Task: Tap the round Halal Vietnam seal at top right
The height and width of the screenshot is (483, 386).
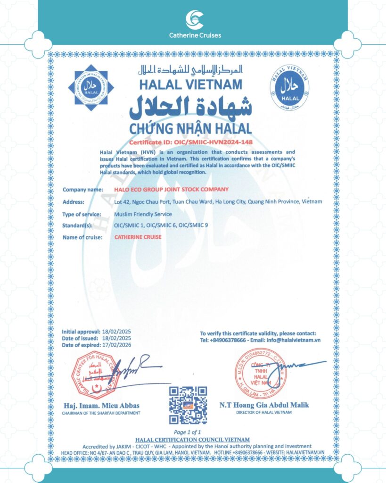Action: point(289,86)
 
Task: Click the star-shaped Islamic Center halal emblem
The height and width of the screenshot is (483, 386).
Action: point(88,87)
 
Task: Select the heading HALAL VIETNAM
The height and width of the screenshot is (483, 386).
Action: point(190,84)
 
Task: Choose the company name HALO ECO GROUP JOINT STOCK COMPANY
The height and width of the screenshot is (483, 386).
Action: point(172,189)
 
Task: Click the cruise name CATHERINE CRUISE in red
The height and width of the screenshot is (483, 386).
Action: point(138,237)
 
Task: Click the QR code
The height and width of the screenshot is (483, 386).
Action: point(188,405)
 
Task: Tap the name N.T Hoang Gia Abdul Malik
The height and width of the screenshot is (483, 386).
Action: point(264,405)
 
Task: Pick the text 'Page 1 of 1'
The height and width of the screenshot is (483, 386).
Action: point(188,432)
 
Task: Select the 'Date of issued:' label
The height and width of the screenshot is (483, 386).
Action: point(80,339)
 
